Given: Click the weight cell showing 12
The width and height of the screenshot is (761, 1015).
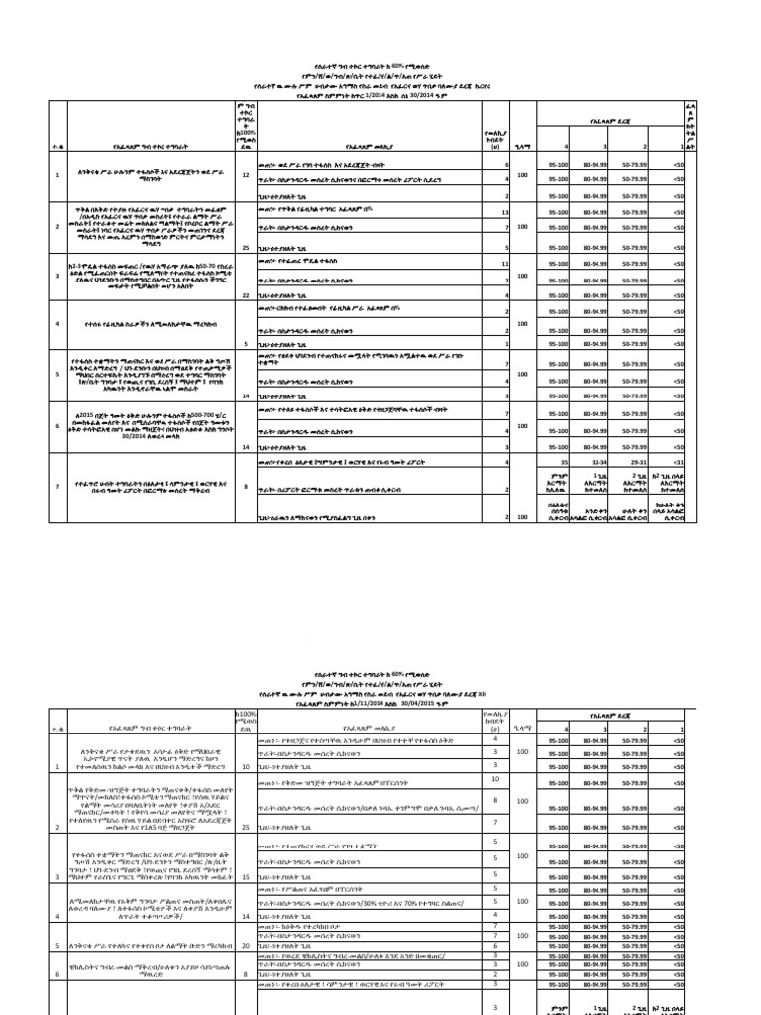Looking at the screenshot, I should pyautogui.click(x=245, y=174).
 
